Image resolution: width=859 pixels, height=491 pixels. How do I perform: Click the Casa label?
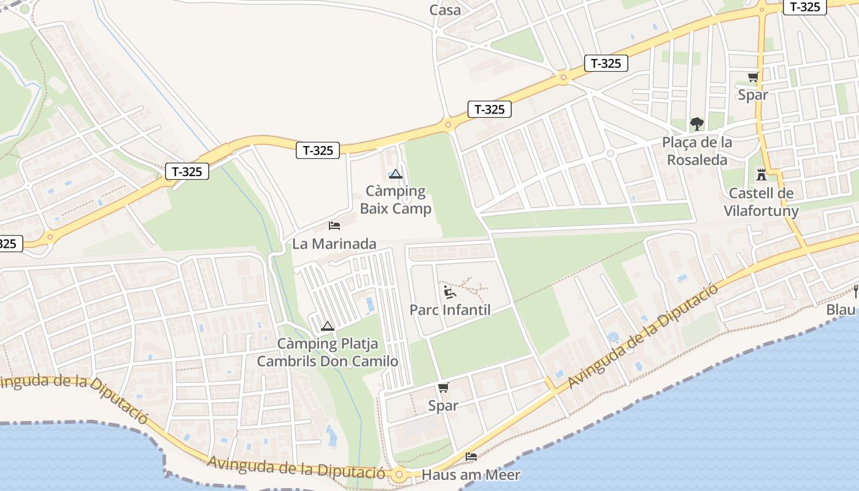(x=445, y=10)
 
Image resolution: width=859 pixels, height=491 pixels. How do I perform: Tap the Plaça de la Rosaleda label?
(x=697, y=151)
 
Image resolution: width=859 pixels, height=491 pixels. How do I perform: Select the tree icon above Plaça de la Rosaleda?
(x=696, y=124)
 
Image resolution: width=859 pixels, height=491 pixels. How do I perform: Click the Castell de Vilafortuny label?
(x=761, y=203)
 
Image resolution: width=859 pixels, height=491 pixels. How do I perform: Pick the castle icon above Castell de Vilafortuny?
(x=761, y=175)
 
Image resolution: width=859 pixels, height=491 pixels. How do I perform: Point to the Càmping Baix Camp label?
(x=396, y=199)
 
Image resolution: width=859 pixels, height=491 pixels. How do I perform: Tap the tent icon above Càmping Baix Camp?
(x=396, y=174)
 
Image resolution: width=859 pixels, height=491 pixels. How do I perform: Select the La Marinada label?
(x=334, y=244)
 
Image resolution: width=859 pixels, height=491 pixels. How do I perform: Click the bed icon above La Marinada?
(x=334, y=226)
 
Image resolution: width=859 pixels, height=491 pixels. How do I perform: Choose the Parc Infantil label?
(x=450, y=309)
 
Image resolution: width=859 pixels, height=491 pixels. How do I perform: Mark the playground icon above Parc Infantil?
(x=450, y=292)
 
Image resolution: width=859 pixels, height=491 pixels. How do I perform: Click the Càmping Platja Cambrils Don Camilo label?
(x=328, y=352)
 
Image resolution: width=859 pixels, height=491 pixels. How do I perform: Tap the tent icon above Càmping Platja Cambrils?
(x=327, y=326)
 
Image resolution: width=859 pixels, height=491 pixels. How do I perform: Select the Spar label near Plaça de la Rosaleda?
(x=753, y=95)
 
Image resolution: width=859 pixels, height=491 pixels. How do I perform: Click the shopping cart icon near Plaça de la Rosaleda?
(x=753, y=77)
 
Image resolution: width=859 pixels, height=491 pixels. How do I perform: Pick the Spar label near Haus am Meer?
(x=443, y=406)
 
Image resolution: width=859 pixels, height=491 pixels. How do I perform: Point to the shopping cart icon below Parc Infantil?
(x=443, y=388)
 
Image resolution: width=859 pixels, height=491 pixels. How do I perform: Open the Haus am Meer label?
(x=471, y=474)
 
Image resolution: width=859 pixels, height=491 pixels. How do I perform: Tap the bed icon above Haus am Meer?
(x=471, y=457)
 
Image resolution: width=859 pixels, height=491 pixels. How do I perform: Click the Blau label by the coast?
(x=842, y=309)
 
